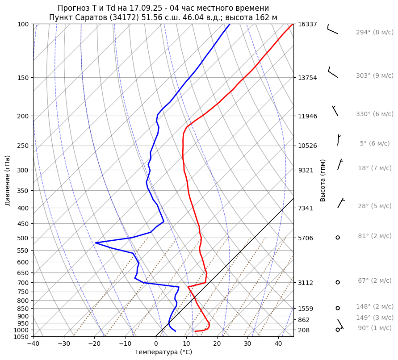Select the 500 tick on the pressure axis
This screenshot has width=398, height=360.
(23, 238)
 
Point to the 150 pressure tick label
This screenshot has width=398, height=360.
(23, 78)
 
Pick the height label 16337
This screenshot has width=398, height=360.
(307, 24)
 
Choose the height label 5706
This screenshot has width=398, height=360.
(307, 238)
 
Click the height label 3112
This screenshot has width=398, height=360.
(307, 283)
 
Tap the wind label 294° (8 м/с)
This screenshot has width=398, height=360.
(374, 33)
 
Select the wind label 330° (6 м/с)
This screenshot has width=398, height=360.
(374, 114)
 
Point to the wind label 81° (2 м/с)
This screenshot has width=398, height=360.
(374, 236)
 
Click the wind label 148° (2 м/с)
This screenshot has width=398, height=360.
(374, 307)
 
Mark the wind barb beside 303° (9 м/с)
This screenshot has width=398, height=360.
(333, 72)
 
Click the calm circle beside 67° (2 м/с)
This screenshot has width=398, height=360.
(338, 282)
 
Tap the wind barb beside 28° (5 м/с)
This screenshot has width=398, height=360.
(341, 203)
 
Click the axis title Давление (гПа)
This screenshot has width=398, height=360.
(8, 180)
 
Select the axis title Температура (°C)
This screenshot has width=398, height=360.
(163, 352)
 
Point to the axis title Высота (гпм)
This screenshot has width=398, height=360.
(323, 180)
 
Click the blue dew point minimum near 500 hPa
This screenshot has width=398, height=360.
(96, 243)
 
